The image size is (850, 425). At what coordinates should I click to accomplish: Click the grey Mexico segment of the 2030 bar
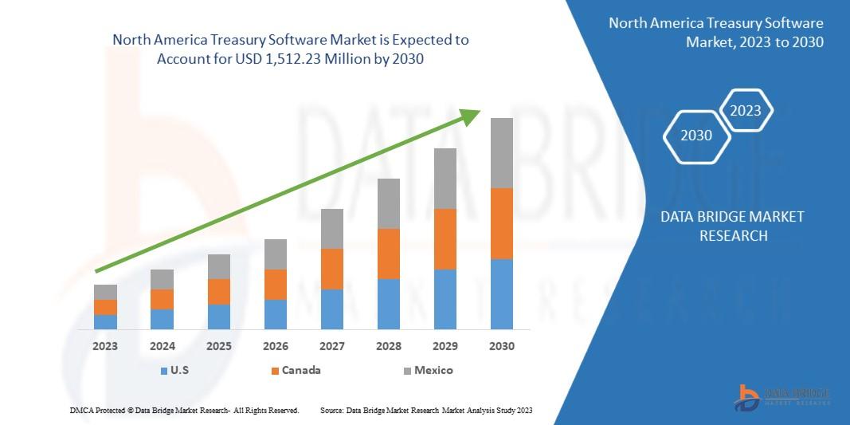click(501, 153)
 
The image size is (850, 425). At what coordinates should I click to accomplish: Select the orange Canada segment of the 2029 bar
click(445, 239)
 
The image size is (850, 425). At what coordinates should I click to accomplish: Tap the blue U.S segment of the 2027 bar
click(332, 309)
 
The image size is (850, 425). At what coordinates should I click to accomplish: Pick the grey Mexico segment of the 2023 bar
click(105, 292)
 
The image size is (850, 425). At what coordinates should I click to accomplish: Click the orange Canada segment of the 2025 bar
click(219, 292)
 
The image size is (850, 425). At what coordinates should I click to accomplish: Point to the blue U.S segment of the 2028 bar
click(389, 304)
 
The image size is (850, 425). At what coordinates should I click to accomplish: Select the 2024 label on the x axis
click(162, 347)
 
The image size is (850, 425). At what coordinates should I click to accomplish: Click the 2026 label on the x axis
click(276, 347)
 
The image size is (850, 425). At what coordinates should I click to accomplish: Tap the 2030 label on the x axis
click(501, 347)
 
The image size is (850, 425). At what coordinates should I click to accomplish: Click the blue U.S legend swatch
click(163, 371)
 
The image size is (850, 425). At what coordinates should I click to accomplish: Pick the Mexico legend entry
click(427, 370)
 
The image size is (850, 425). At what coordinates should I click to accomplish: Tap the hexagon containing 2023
click(746, 111)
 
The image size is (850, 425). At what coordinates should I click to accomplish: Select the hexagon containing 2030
click(696, 136)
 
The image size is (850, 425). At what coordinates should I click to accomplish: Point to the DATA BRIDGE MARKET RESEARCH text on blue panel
click(733, 226)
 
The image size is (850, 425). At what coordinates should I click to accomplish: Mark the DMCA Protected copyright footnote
click(184, 410)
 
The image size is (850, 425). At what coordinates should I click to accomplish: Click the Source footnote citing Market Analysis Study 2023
click(425, 410)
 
